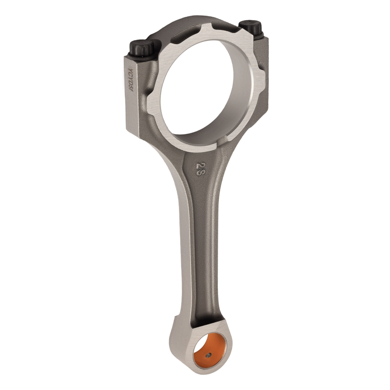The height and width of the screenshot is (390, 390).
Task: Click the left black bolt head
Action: [x=142, y=49]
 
